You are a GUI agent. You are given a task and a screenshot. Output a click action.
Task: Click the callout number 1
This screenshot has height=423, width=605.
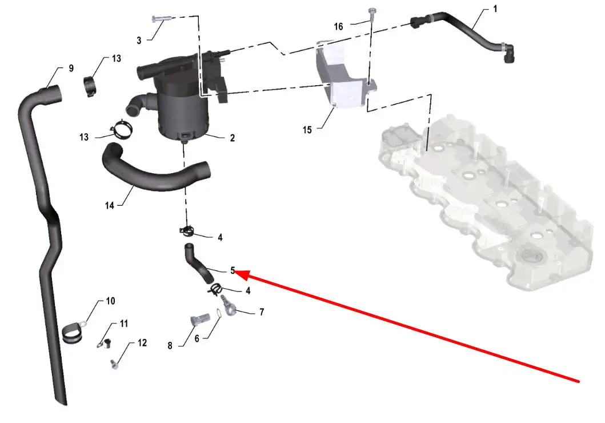pyautogui.click(x=495, y=9)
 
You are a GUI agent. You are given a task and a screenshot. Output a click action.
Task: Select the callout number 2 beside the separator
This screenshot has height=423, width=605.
pyautogui.click(x=233, y=138)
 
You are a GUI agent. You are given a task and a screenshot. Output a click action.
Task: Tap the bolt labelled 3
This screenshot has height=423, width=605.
pyautogui.click(x=159, y=18)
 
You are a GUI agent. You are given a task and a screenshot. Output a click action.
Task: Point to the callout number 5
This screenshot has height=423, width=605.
pyautogui.click(x=233, y=270)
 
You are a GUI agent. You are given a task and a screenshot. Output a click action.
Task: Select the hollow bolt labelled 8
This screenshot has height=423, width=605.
pyautogui.click(x=200, y=319)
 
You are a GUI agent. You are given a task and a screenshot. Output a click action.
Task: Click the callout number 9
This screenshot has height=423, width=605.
pyautogui.click(x=71, y=69)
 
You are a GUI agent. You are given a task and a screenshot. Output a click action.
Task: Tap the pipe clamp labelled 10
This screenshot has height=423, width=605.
pyautogui.click(x=73, y=333)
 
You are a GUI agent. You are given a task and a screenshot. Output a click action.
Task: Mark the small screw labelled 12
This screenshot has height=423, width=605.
pyautogui.click(x=114, y=364)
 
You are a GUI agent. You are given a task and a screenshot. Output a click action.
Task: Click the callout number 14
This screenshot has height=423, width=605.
pyautogui.click(x=110, y=206)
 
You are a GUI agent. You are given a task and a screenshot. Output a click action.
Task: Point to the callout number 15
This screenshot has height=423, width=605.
pyautogui.click(x=307, y=130)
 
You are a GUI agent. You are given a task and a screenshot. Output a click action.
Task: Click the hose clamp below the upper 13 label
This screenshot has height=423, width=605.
pyautogui.click(x=91, y=86)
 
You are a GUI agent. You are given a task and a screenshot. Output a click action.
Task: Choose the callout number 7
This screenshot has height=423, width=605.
pyautogui.click(x=262, y=312)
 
